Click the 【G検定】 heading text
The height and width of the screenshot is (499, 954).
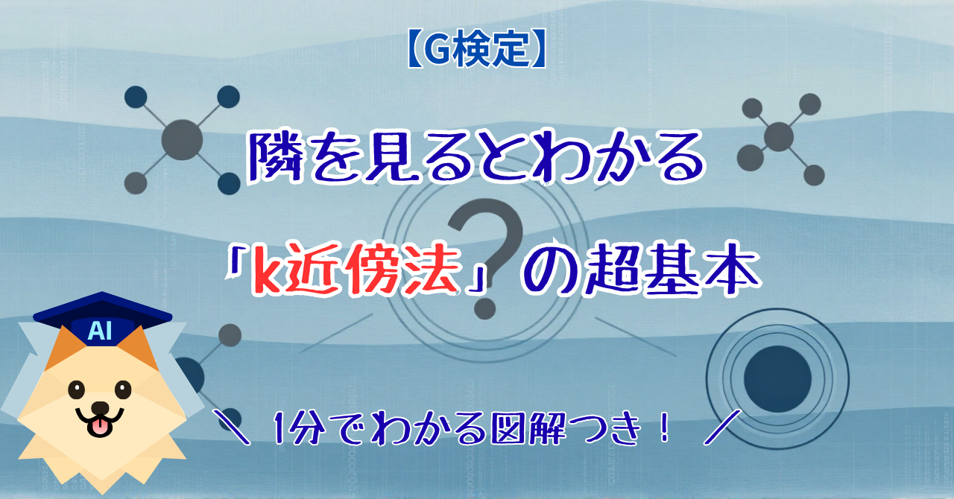click(476, 49)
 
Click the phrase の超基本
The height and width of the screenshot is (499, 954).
click(642, 269)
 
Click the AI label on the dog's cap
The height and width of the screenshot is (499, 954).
click(100, 331)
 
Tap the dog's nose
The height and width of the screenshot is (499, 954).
click(101, 408)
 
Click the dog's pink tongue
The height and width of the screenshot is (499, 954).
click(101, 427)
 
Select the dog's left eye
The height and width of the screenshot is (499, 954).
click(77, 390)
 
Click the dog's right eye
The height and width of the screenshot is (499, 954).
click(123, 390)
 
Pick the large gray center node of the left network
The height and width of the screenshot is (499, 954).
click(182, 140)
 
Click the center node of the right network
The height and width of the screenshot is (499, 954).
click(779, 137)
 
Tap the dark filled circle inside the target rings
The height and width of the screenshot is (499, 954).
click(777, 379)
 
